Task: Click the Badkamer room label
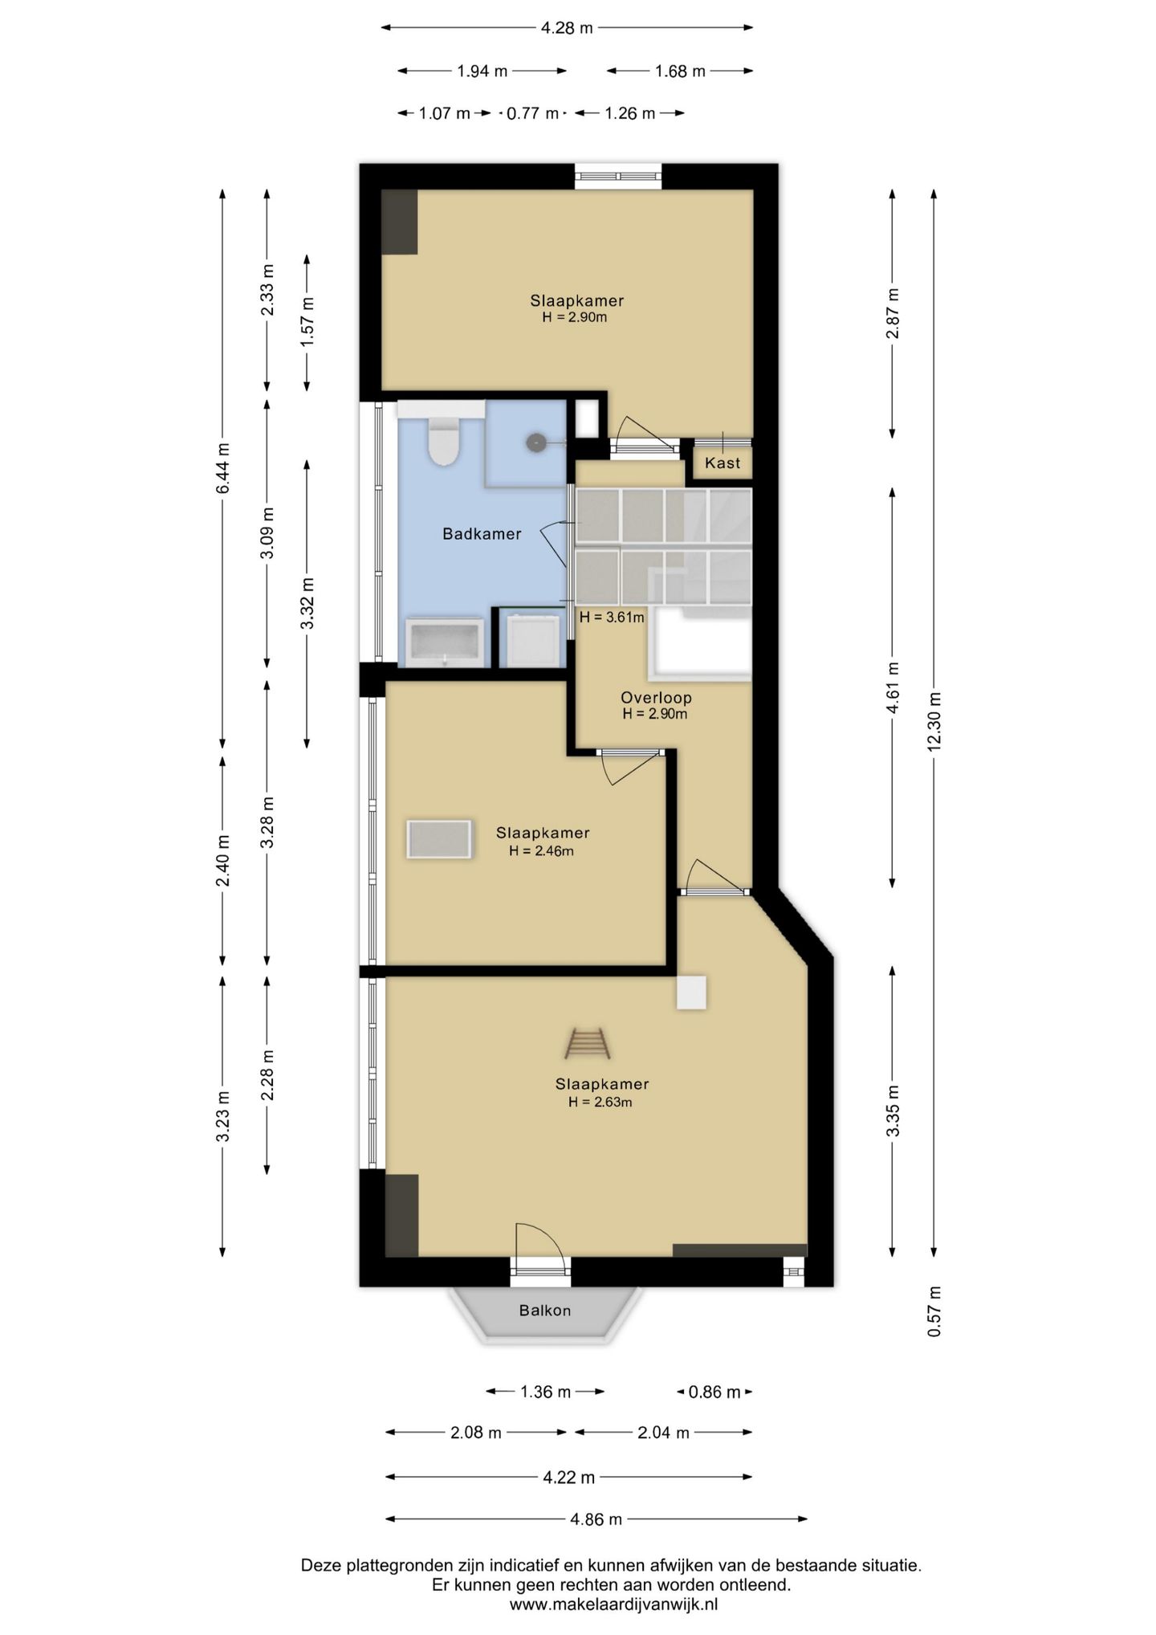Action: (482, 534)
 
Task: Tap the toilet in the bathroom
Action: (442, 442)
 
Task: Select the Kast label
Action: (722, 463)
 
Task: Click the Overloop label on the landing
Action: (656, 698)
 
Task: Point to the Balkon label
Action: (545, 1311)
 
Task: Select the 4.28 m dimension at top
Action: (567, 28)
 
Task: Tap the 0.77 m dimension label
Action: (532, 113)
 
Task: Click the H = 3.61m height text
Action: (612, 618)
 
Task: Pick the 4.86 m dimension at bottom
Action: (596, 1519)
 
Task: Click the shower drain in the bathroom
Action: (536, 442)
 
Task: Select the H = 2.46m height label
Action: (541, 851)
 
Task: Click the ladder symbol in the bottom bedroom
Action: (588, 1043)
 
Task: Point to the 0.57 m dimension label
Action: (934, 1311)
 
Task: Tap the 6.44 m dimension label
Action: (223, 468)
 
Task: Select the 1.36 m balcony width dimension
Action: (545, 1392)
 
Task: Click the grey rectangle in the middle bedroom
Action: (439, 839)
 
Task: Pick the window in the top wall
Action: (618, 177)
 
